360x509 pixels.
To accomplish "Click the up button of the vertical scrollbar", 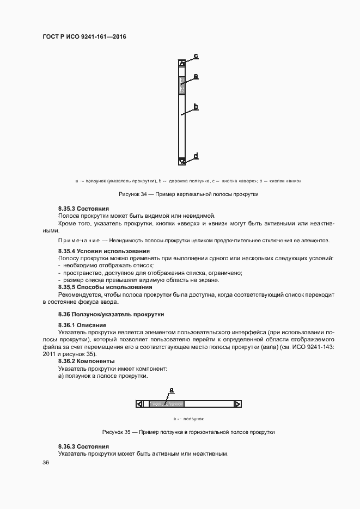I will [182, 64].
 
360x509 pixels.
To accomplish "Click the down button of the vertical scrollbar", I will [182, 161].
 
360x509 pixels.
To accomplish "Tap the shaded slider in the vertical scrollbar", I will [182, 86].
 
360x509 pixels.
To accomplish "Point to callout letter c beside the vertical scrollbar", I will [196, 56].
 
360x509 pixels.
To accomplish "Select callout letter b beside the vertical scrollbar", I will [195, 107].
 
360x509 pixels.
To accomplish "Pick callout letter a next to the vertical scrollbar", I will [195, 76].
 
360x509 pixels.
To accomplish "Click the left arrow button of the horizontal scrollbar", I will [140, 404].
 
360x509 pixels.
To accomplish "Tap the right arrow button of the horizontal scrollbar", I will [237, 404].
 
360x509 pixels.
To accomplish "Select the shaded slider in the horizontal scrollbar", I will [166, 404].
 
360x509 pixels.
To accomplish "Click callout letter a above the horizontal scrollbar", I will [171, 390].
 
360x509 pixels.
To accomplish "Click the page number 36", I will [46, 463].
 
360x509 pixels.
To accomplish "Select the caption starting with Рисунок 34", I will [188, 194].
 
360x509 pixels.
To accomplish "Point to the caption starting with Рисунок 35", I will [188, 432].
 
